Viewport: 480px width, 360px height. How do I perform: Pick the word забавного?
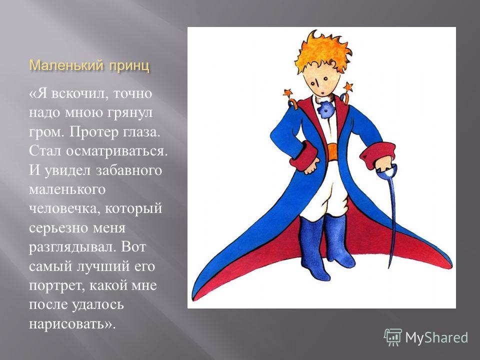pyautogui.click(x=129, y=170)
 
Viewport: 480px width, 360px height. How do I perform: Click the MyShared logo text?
pyautogui.click(x=436, y=337)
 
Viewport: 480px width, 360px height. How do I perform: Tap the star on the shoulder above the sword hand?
pyautogui.click(x=348, y=86)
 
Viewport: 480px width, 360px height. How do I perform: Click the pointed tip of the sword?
pyautogui.click(x=389, y=267)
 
